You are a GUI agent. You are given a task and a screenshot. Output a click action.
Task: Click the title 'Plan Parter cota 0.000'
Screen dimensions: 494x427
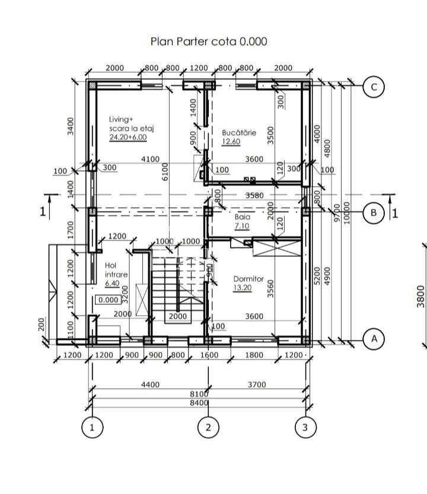[x=209, y=41]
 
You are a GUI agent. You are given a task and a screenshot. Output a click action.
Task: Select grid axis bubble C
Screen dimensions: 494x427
[x=374, y=88]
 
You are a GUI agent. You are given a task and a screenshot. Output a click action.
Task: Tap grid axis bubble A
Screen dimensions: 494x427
[x=374, y=339]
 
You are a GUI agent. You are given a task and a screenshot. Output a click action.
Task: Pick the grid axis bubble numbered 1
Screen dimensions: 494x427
[x=92, y=428]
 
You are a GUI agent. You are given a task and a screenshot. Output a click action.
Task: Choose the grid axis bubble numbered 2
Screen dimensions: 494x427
[x=208, y=428]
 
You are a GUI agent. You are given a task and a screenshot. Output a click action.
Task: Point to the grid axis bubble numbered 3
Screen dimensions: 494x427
[x=305, y=428]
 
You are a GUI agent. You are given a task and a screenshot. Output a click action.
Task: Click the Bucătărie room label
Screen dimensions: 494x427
[x=239, y=133]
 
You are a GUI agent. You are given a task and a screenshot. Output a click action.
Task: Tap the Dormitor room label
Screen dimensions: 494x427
[x=248, y=278]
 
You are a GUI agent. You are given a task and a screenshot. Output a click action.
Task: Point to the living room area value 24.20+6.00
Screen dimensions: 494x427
[x=128, y=137]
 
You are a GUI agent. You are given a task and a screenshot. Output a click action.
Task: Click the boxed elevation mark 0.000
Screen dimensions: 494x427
[x=109, y=300]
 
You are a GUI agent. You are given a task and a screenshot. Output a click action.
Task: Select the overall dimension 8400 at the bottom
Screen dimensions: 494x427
[x=199, y=403]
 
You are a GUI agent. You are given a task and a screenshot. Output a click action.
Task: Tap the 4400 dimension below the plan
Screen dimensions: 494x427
[x=150, y=384]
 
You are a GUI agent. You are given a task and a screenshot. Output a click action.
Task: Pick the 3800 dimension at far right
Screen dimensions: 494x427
[x=420, y=293]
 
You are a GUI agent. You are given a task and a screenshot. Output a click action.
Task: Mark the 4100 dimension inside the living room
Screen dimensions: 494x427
[x=150, y=159]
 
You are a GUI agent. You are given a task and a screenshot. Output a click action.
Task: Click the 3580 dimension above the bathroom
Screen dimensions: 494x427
[x=254, y=195]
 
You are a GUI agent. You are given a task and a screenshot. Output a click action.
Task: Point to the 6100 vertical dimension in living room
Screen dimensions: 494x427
[x=165, y=172]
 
